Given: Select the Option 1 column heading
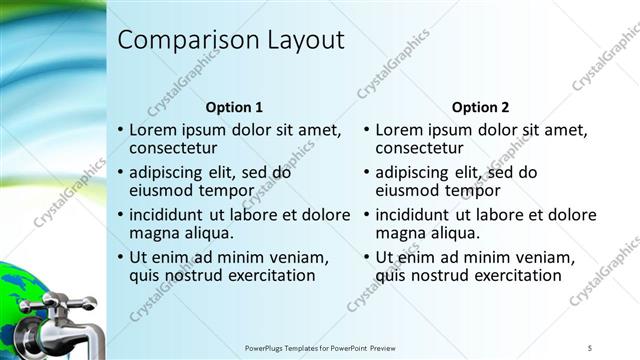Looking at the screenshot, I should (234, 107).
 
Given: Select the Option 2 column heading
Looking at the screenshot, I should (480, 107).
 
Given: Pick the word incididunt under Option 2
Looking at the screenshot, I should (419, 215).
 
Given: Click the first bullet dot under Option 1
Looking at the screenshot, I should (121, 131).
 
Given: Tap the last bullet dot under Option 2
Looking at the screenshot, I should (366, 257).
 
